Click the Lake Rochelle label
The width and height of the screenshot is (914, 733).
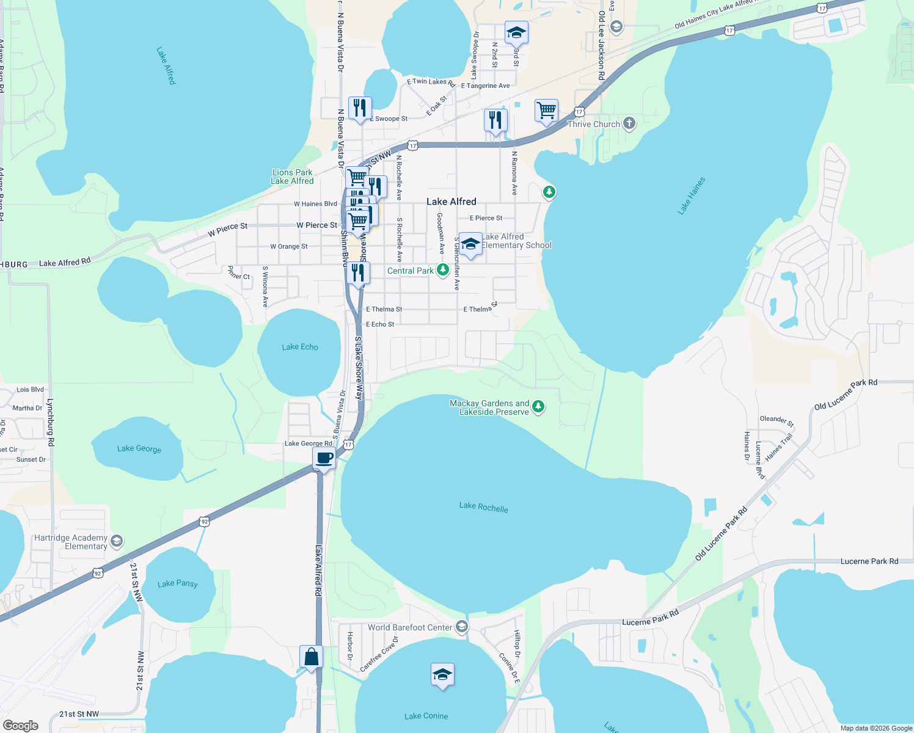click(483, 506)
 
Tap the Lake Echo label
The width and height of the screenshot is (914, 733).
click(300, 347)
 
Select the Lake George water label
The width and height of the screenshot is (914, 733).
click(139, 449)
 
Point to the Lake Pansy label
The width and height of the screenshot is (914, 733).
click(178, 583)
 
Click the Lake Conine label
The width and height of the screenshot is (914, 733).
click(426, 716)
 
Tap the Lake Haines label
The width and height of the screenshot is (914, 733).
click(692, 195)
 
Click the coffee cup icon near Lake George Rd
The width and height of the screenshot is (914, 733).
click(324, 458)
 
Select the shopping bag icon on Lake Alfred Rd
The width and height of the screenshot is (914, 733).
click(311, 657)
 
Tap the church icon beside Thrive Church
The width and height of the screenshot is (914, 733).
click(629, 124)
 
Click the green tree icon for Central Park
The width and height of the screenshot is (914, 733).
click(443, 270)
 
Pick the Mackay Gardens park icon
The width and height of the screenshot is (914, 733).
click(538, 406)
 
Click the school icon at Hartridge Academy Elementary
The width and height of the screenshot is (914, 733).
click(117, 541)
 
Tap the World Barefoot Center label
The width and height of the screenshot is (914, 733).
click(410, 627)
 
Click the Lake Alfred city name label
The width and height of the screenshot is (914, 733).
click(451, 202)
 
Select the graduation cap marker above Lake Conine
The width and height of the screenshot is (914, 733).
click(442, 674)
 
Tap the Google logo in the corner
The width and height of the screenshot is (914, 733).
click(21, 725)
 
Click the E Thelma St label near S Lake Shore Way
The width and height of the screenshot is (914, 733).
click(384, 309)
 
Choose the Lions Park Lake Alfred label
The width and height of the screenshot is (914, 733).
click(292, 177)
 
